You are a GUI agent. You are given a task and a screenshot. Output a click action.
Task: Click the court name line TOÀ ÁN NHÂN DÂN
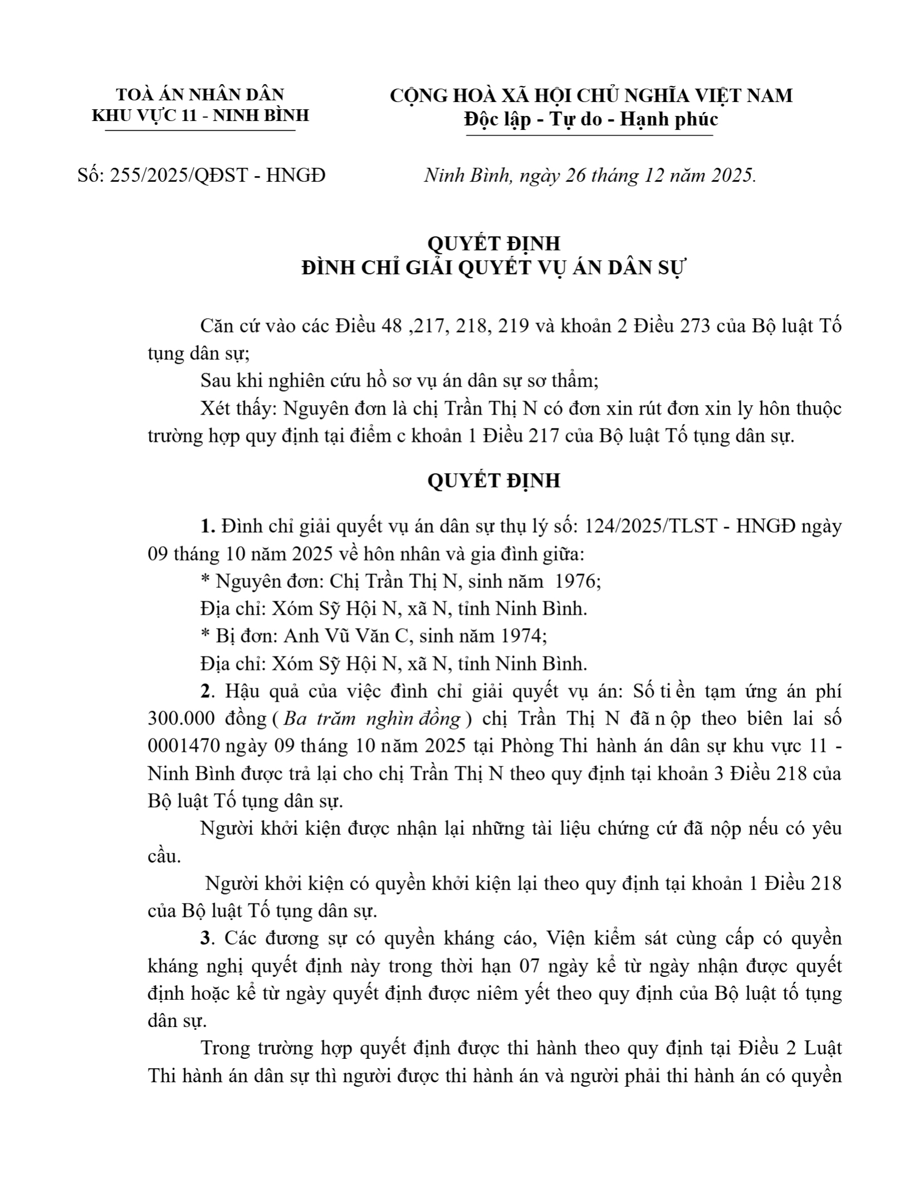click(200, 94)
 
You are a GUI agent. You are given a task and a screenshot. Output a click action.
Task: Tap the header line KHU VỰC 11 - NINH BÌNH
click(200, 115)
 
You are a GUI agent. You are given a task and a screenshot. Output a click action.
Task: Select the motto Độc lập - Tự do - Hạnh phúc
click(591, 119)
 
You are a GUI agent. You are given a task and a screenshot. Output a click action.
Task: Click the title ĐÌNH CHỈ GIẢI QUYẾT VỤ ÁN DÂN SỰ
click(493, 268)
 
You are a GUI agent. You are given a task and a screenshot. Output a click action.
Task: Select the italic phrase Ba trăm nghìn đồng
click(372, 719)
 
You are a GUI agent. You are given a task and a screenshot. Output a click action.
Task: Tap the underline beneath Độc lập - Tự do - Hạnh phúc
click(589, 135)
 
